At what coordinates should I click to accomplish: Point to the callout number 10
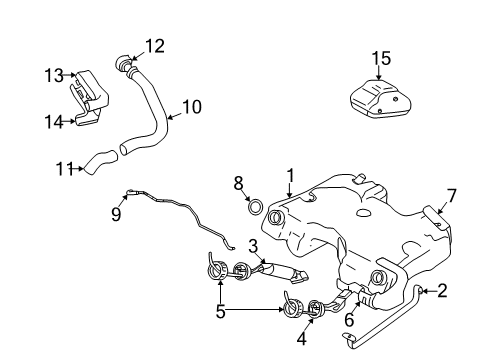tap(191, 104)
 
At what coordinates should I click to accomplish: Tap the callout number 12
tap(154, 45)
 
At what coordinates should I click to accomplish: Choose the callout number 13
tap(53, 75)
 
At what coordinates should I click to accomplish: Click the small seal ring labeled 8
tap(255, 207)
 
